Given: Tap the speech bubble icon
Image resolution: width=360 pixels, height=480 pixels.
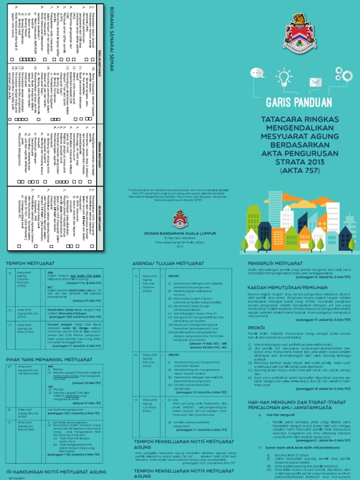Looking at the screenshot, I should (257, 74).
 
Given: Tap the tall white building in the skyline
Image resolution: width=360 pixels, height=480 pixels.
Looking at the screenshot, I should (332, 218).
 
